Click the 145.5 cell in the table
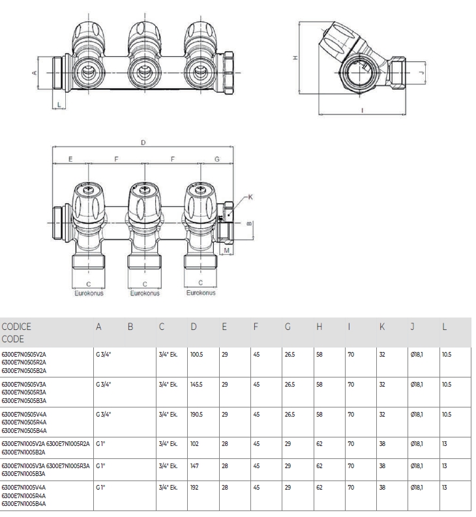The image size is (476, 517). pos(196,385)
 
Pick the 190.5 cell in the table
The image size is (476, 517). pos(196,415)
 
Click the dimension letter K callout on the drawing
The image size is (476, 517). pos(251,197)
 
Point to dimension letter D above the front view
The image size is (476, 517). pos(143,142)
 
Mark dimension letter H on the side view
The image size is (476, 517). pos(295,59)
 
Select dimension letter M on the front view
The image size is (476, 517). pos(226,250)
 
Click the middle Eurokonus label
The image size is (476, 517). pos(144,293)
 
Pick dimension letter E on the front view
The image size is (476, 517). pos(70,159)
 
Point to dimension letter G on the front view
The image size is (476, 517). pos(217,159)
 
